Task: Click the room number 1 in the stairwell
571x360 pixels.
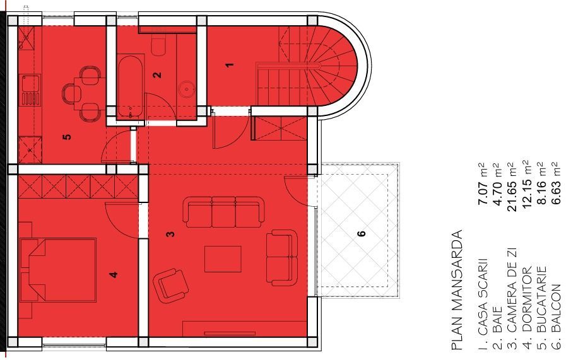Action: click(x=230, y=64)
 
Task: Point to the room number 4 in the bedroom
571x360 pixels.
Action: click(x=114, y=274)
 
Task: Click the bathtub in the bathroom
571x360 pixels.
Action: click(x=131, y=88)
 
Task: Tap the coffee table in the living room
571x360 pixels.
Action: click(x=223, y=259)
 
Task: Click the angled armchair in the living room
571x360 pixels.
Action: click(x=172, y=284)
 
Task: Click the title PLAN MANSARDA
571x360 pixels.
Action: click(x=457, y=289)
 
